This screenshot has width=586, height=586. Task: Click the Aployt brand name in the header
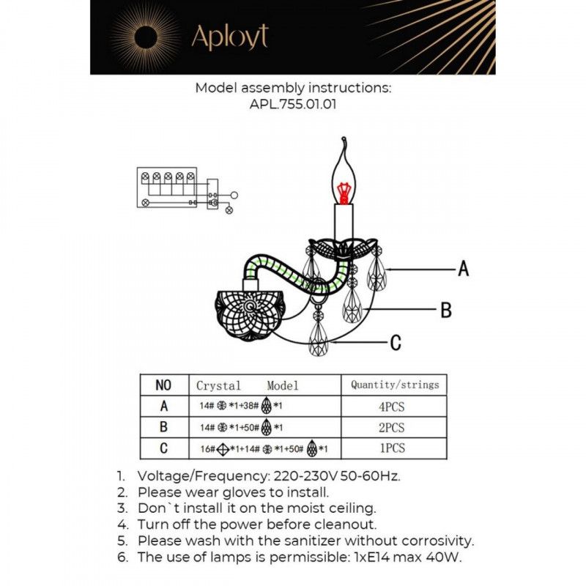point(229,37)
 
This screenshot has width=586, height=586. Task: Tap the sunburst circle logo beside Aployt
point(144,37)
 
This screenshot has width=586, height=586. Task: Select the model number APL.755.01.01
point(293,105)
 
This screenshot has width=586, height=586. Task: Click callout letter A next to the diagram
point(463,270)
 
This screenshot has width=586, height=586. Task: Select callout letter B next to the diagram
point(445,311)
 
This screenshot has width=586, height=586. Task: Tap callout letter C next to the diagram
point(396,342)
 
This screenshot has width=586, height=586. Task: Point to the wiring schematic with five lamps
point(183,188)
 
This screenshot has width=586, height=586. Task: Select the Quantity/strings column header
point(394,385)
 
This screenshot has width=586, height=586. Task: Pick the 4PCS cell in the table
point(394,407)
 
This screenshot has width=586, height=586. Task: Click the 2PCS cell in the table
point(394,428)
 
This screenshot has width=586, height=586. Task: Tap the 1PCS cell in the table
point(394,448)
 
